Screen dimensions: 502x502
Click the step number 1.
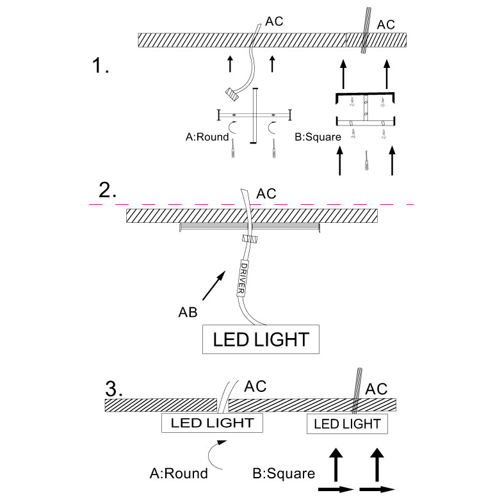(x=101, y=65)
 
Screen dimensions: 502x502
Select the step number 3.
(x=113, y=388)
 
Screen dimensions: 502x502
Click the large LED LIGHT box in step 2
(x=261, y=339)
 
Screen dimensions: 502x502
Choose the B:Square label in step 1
(x=317, y=136)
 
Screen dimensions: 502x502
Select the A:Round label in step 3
(x=179, y=474)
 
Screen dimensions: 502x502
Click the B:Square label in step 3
(x=283, y=474)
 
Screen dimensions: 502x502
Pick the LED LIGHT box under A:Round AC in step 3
(x=212, y=423)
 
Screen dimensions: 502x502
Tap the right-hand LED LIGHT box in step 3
(x=346, y=423)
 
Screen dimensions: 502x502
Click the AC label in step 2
(x=266, y=193)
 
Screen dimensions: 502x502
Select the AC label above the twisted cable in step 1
(x=386, y=24)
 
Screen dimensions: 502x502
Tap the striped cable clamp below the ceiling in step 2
(x=250, y=239)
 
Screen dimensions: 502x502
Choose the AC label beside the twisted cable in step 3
(x=376, y=389)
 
